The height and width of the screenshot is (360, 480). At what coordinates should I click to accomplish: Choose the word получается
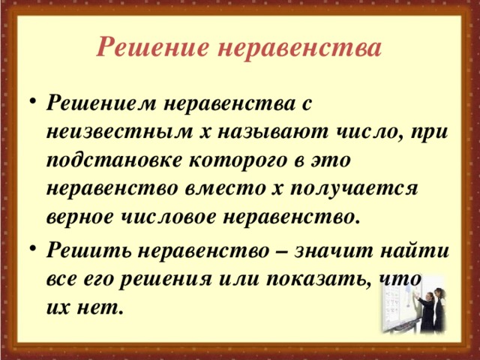(x=355, y=189)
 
